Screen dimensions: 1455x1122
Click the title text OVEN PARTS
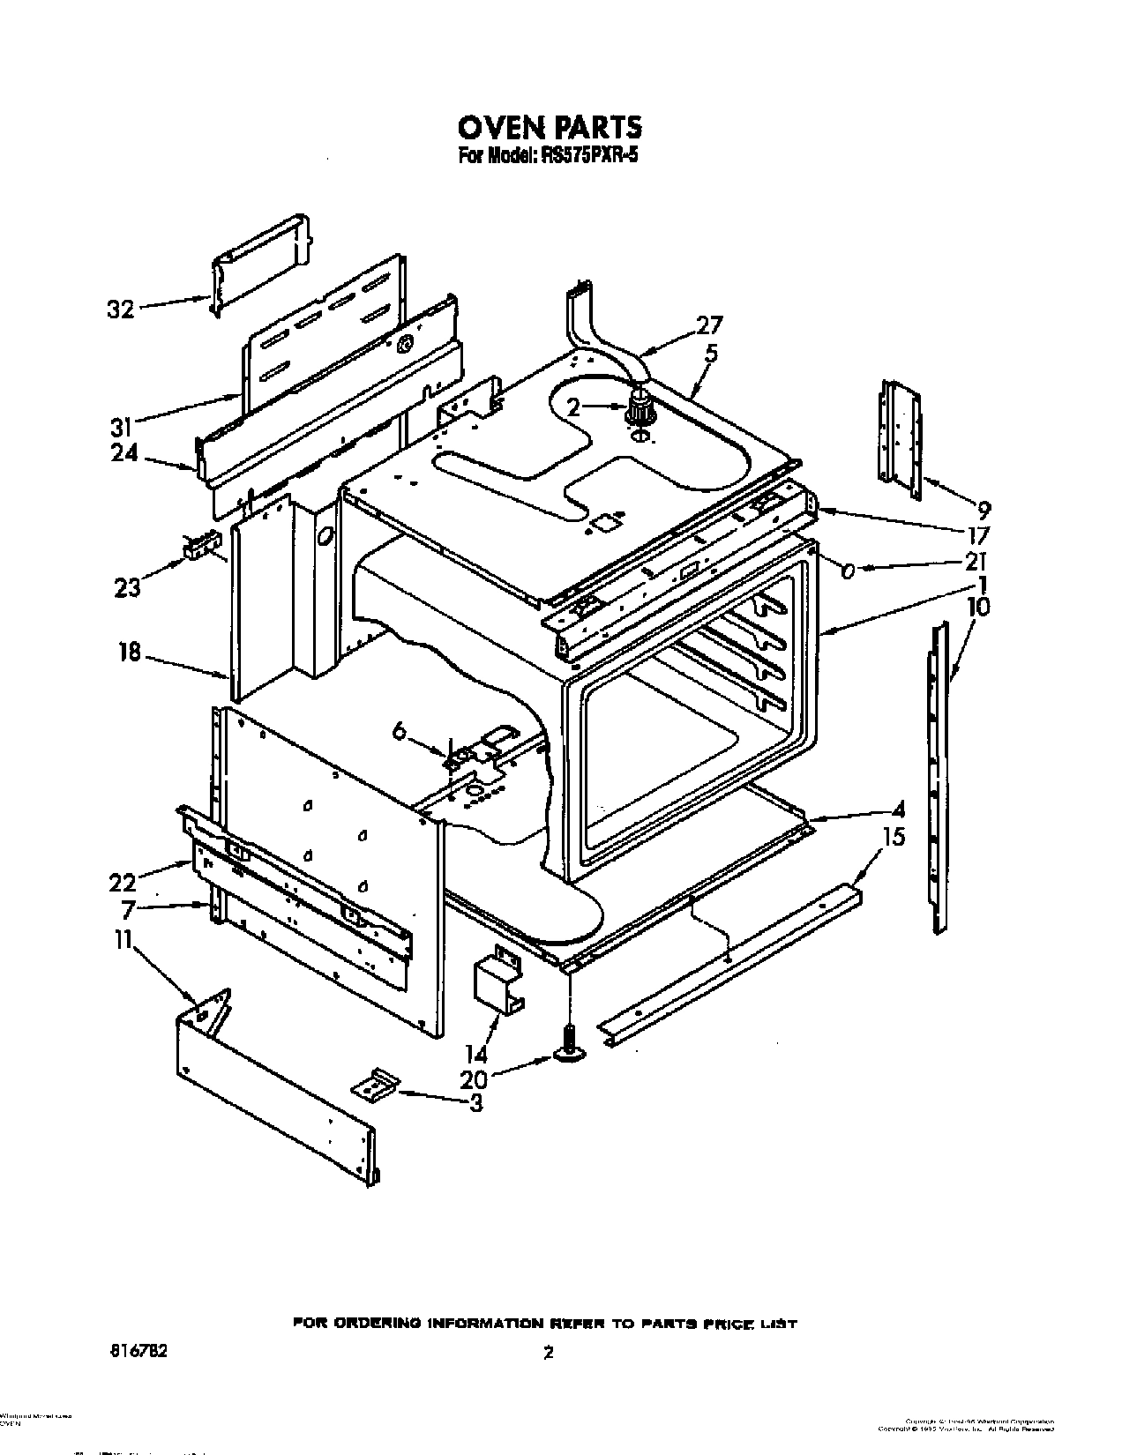pos(549,128)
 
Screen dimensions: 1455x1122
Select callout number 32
pos(122,310)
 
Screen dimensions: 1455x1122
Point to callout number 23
pos(127,586)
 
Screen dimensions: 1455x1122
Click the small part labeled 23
pos(200,547)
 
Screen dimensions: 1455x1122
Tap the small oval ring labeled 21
pos(848,571)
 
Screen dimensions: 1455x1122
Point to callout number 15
pos(894,836)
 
